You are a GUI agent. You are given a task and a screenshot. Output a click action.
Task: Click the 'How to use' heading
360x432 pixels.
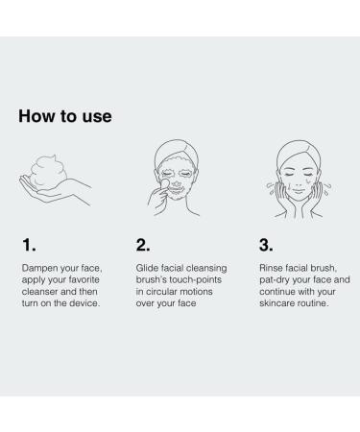[x=65, y=116]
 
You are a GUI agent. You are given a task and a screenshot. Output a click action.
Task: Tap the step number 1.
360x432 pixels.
[x=29, y=245]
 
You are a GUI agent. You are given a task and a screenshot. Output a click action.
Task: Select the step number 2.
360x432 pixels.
[x=143, y=245]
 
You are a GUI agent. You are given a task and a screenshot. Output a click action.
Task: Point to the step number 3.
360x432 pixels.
[x=266, y=245]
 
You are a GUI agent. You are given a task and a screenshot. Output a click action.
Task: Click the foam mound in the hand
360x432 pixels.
[x=48, y=172]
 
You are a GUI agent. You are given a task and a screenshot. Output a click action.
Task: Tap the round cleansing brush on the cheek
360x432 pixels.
[x=165, y=183]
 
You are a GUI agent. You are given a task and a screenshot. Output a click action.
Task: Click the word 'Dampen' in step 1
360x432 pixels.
[x=36, y=268]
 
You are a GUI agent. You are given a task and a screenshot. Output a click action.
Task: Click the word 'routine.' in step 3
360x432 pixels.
[x=315, y=303]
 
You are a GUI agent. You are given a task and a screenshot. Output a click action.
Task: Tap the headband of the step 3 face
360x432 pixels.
[x=299, y=149]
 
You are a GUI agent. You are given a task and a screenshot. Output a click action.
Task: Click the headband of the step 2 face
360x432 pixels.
[x=177, y=148]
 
